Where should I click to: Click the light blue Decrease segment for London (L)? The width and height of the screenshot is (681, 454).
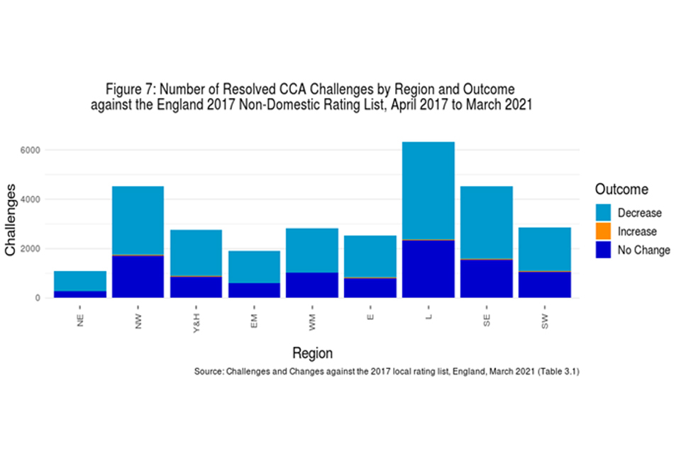pyautogui.click(x=428, y=190)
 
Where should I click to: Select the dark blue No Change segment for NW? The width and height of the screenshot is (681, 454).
pyautogui.click(x=138, y=277)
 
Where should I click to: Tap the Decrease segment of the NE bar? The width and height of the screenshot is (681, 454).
pyautogui.click(x=80, y=280)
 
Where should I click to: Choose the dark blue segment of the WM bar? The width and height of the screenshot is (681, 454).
pyautogui.click(x=311, y=285)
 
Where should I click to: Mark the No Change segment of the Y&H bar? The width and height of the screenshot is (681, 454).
pyautogui.click(x=196, y=287)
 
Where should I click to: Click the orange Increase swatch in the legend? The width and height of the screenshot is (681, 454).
pyautogui.click(x=603, y=231)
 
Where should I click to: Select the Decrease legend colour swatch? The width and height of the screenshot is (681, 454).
pyautogui.click(x=603, y=213)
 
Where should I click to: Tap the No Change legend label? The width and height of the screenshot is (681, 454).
pyautogui.click(x=643, y=250)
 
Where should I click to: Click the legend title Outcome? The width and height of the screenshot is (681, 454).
pyautogui.click(x=621, y=189)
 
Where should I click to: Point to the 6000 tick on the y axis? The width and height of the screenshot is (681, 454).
pyautogui.click(x=32, y=150)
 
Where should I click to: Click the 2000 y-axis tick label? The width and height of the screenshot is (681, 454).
pyautogui.click(x=32, y=249)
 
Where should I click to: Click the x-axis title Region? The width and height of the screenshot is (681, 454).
pyautogui.click(x=313, y=353)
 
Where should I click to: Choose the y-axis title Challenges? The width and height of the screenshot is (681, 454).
pyautogui.click(x=12, y=221)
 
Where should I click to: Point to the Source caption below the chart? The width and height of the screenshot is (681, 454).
pyautogui.click(x=387, y=372)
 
